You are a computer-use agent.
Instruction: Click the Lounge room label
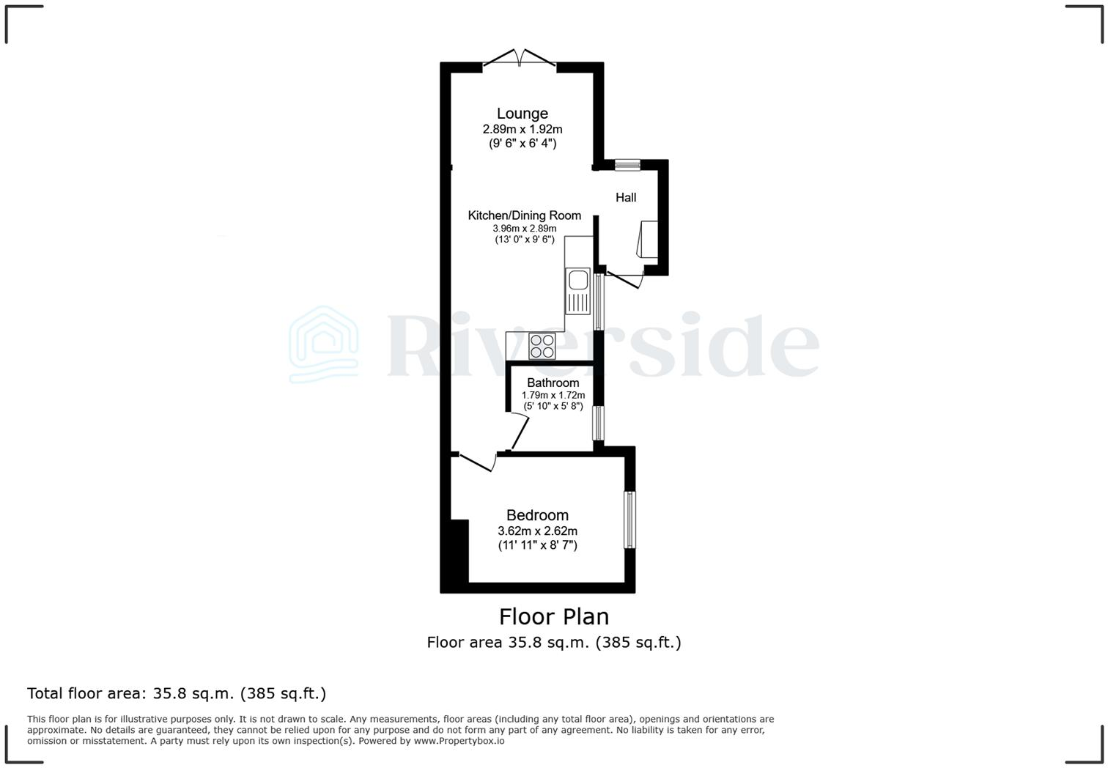(522, 114)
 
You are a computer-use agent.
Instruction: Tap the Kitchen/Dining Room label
(524, 215)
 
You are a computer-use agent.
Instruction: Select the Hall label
(625, 197)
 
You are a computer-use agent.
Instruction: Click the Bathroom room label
(553, 383)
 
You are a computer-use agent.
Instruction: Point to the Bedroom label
(537, 515)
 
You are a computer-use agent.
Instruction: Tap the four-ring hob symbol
(542, 346)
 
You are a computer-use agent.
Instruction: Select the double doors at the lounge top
(519, 59)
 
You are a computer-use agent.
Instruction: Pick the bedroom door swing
(477, 462)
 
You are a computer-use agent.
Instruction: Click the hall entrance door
(624, 278)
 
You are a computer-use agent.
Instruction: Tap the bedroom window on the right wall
(629, 520)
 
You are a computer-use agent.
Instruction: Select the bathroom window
(598, 423)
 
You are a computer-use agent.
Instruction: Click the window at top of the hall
(627, 165)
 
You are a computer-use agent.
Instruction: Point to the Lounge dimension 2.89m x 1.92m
(522, 129)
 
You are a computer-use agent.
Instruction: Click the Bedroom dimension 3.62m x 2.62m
(537, 531)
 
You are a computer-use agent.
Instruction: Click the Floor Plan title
(553, 616)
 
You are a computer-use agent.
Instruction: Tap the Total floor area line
(176, 693)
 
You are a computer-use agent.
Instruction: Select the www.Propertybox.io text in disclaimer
(459, 741)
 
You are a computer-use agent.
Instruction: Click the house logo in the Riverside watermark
(323, 344)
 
